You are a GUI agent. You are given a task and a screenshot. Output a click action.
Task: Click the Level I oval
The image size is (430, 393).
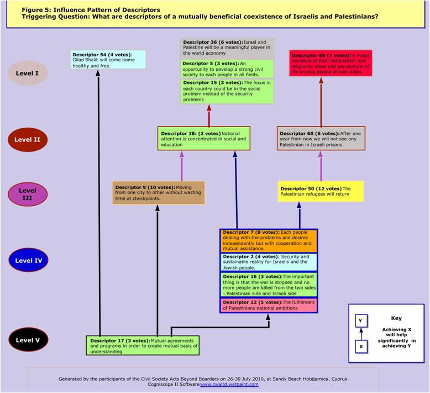28,74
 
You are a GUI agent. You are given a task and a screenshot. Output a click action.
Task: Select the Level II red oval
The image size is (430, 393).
28,140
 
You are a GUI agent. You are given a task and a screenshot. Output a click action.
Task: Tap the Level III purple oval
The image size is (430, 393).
28,194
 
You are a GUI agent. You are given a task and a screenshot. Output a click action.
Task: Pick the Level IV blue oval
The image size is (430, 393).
28,260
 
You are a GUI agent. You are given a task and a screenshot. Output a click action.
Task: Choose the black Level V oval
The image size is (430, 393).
28,340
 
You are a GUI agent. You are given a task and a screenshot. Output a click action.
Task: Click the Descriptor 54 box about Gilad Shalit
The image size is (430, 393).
108,60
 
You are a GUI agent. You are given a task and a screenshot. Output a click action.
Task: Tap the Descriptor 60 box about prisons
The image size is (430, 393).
321,138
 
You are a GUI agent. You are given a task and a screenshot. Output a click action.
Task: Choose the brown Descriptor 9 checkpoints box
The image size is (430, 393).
159,192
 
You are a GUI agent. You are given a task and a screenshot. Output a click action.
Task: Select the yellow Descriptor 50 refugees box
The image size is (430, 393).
321,191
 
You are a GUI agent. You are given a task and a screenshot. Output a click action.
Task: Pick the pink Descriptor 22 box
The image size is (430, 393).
269,305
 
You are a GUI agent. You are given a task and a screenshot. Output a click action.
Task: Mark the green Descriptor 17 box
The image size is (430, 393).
142,345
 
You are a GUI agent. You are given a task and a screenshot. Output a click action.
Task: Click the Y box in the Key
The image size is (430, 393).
360,321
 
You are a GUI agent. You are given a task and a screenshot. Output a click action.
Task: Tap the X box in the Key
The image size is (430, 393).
360,347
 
